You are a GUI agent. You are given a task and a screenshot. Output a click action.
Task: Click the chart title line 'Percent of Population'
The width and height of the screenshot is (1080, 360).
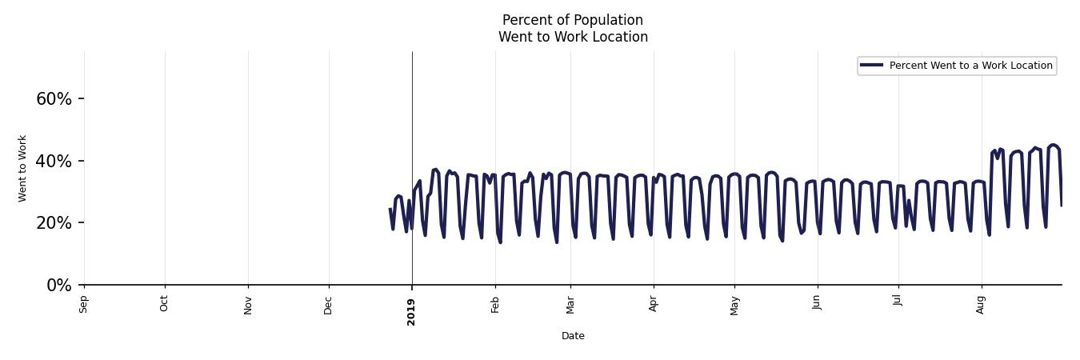[573, 20]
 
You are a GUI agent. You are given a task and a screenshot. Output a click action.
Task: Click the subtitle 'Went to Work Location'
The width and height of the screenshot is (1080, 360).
[573, 37]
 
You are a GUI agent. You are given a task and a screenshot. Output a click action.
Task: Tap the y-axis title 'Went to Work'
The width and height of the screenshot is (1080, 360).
[22, 168]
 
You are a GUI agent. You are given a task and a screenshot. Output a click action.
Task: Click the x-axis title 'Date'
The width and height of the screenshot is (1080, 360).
[573, 336]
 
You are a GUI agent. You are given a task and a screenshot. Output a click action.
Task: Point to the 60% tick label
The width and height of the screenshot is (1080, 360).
[54, 99]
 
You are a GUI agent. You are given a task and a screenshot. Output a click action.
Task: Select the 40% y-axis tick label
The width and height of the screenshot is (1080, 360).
[54, 162]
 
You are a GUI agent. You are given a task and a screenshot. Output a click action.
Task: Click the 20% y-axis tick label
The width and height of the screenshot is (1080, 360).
[54, 223]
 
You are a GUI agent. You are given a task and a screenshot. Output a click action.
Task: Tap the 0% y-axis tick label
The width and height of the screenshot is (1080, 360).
[59, 286]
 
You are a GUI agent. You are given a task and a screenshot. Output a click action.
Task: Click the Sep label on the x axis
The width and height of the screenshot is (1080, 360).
[84, 304]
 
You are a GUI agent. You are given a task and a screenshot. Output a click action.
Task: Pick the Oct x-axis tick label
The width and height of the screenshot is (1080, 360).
[165, 304]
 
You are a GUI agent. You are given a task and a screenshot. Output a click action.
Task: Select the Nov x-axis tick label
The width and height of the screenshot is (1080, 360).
[248, 304]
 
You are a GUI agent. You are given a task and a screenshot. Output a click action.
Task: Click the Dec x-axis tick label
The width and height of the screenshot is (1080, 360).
[329, 304]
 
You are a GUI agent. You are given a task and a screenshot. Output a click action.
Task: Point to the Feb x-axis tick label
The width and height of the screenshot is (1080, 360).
[495, 304]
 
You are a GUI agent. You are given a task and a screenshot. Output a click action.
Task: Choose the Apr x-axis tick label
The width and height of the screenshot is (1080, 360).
[654, 304]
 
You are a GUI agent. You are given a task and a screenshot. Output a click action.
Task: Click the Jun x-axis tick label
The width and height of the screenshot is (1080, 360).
[817, 304]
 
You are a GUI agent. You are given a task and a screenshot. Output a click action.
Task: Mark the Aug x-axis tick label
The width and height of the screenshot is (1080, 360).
[982, 304]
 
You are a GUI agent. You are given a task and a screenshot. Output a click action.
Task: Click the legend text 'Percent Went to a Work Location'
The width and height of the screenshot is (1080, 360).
[970, 66]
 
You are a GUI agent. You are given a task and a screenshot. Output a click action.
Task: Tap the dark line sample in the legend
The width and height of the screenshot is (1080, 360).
[871, 66]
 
